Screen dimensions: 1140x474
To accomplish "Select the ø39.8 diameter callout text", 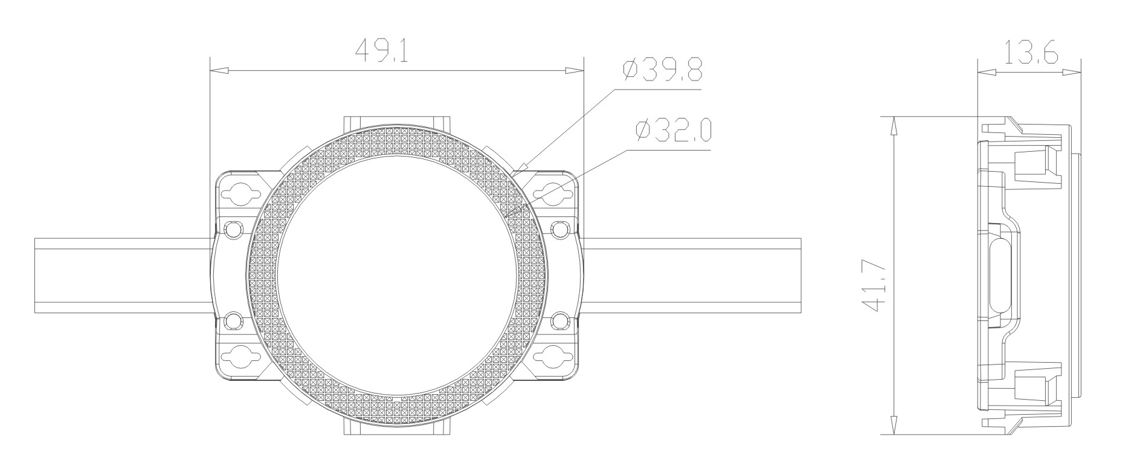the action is coord(663,71).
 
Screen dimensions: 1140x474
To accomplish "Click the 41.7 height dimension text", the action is coord(877,287).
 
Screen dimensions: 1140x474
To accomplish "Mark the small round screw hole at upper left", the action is coord(233,229).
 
